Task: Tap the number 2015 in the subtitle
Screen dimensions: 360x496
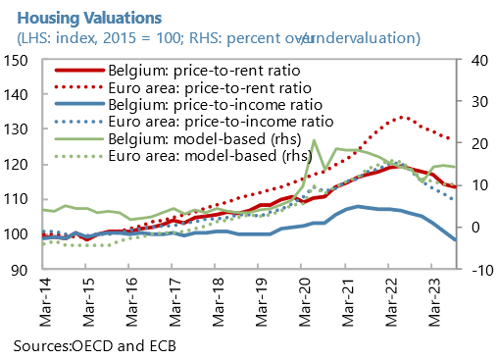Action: pos(116,37)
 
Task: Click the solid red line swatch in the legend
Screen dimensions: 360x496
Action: pos(76,72)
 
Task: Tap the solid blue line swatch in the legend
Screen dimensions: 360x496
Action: pos(76,105)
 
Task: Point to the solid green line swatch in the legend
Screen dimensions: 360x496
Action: pos(76,138)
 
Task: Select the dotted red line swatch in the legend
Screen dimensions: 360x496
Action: pos(76,88)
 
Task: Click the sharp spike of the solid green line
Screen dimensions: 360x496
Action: pos(313,140)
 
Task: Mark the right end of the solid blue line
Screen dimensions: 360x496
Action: pos(457,240)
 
